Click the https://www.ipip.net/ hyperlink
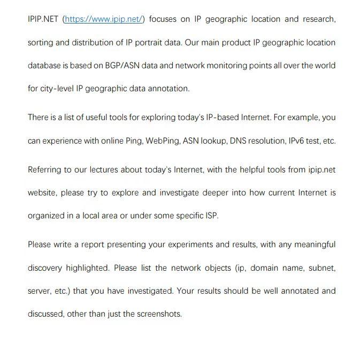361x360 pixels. click(104, 19)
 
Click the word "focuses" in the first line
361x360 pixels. click(163, 19)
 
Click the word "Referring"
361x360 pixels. click(45, 170)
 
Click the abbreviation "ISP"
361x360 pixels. click(211, 216)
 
